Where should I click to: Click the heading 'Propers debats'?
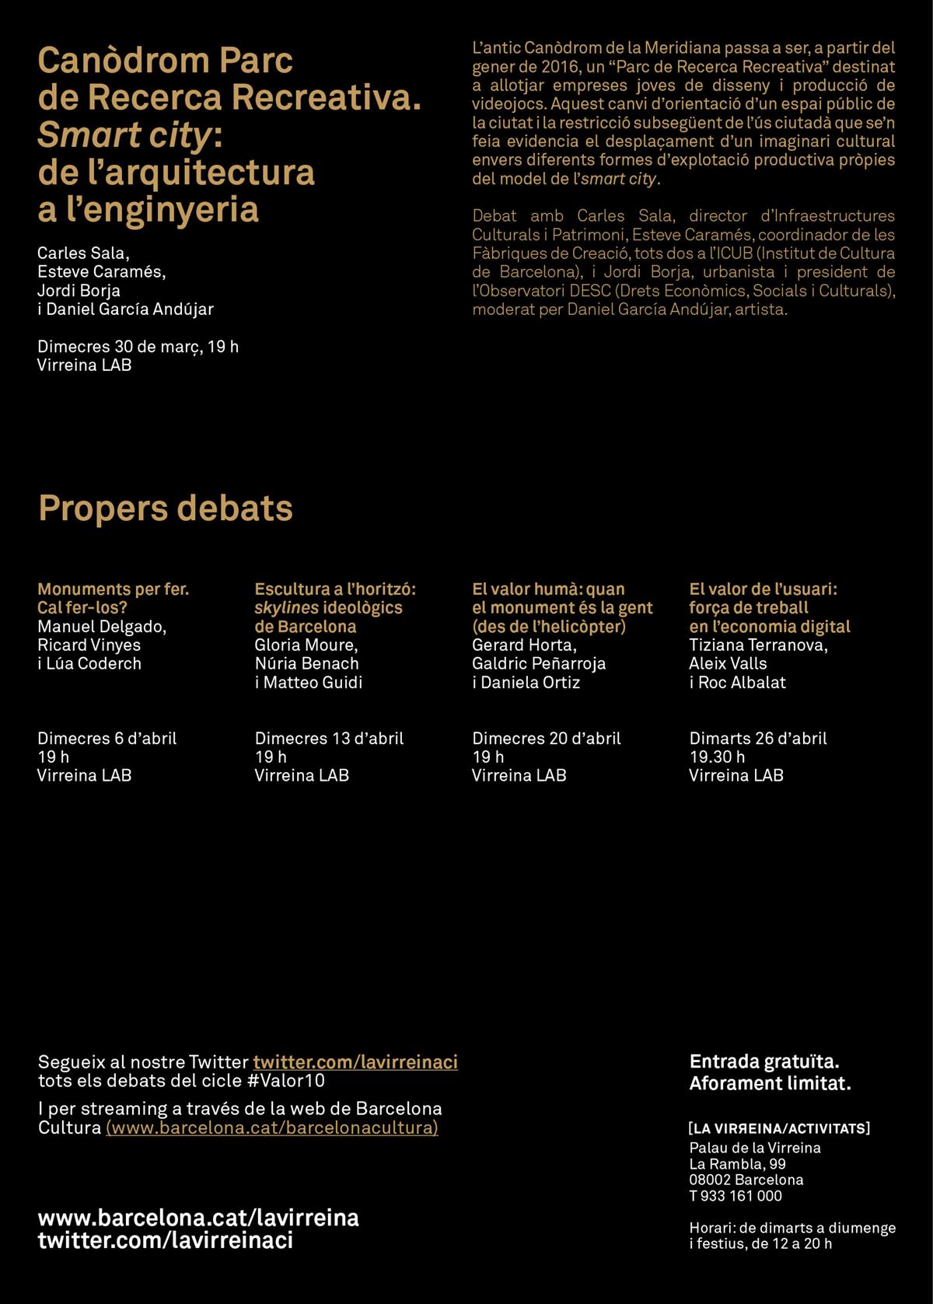(x=166, y=509)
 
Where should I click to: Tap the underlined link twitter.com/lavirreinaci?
(x=355, y=1062)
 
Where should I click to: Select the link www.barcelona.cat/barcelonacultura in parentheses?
(x=272, y=1127)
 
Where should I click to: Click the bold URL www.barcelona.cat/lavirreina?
(x=198, y=1218)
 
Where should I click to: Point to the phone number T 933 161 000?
(x=735, y=1196)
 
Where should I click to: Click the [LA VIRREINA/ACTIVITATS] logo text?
(x=779, y=1128)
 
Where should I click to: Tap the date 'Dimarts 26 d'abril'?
(x=758, y=738)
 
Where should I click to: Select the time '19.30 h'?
(x=717, y=757)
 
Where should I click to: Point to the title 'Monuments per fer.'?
(x=114, y=589)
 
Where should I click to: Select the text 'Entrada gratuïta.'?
(x=764, y=1061)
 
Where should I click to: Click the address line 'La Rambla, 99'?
(x=737, y=1164)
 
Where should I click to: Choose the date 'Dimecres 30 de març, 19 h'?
(x=138, y=347)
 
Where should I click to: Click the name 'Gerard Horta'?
(x=523, y=645)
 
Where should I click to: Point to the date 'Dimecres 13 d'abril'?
(x=329, y=738)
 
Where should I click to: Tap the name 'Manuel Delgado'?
(x=101, y=627)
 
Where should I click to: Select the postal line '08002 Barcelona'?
(x=746, y=1180)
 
